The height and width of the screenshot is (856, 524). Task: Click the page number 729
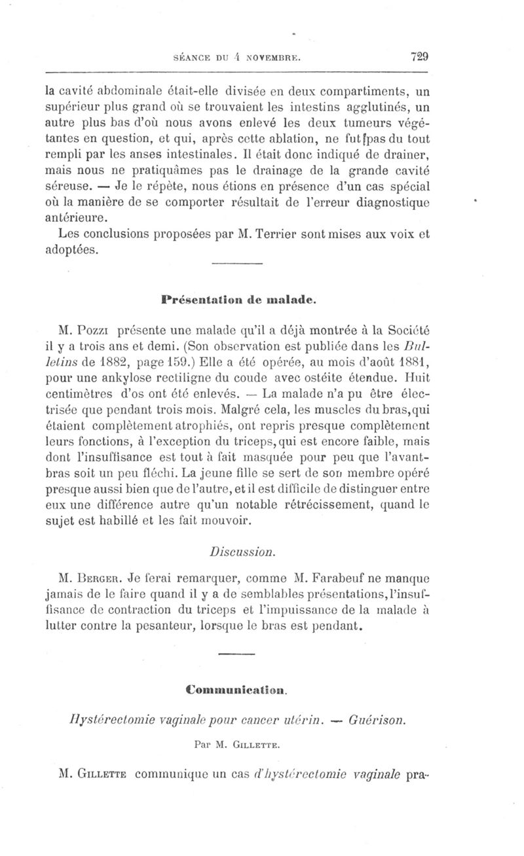click(x=419, y=56)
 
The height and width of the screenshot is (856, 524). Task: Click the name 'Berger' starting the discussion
click(x=101, y=579)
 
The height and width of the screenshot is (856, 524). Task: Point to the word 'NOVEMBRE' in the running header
click(x=271, y=58)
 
